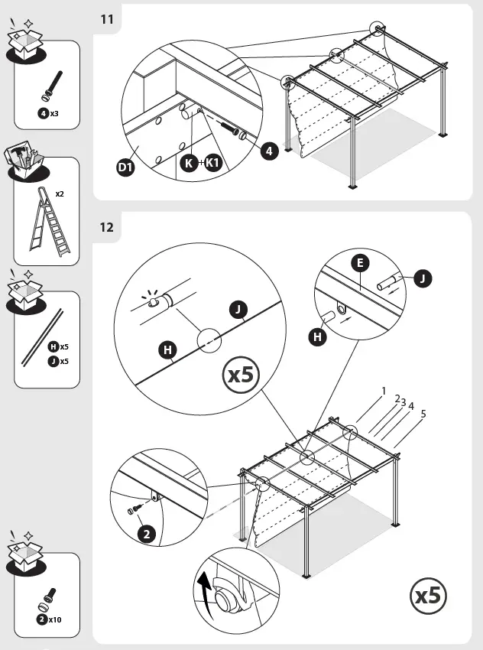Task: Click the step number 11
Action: (x=107, y=19)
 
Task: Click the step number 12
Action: (x=107, y=227)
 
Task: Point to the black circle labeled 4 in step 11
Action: (x=268, y=151)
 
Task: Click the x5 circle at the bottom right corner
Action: (x=429, y=595)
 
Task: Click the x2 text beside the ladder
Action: (x=60, y=193)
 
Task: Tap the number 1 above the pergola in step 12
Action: (x=384, y=391)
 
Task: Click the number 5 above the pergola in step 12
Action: (x=423, y=414)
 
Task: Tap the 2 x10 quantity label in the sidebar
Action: (x=49, y=619)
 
